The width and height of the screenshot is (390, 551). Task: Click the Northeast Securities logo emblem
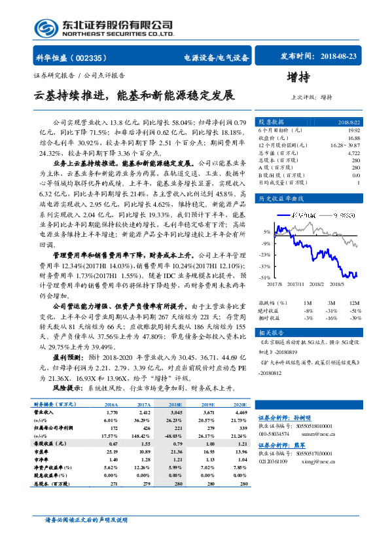click(x=46, y=27)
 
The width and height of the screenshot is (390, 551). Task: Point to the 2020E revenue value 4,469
click(x=239, y=413)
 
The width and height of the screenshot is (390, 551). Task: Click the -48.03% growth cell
click(x=173, y=435)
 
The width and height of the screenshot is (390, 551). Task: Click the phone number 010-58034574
click(x=274, y=433)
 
